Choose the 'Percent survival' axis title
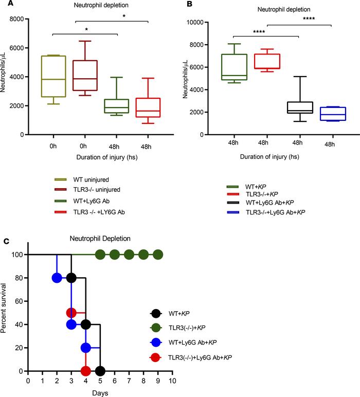click(x=6, y=313)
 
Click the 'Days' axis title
click(x=100, y=392)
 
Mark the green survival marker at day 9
click(x=158, y=255)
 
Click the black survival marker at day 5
click(x=100, y=371)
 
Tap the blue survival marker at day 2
click(x=57, y=278)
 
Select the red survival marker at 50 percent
click(x=71, y=313)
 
